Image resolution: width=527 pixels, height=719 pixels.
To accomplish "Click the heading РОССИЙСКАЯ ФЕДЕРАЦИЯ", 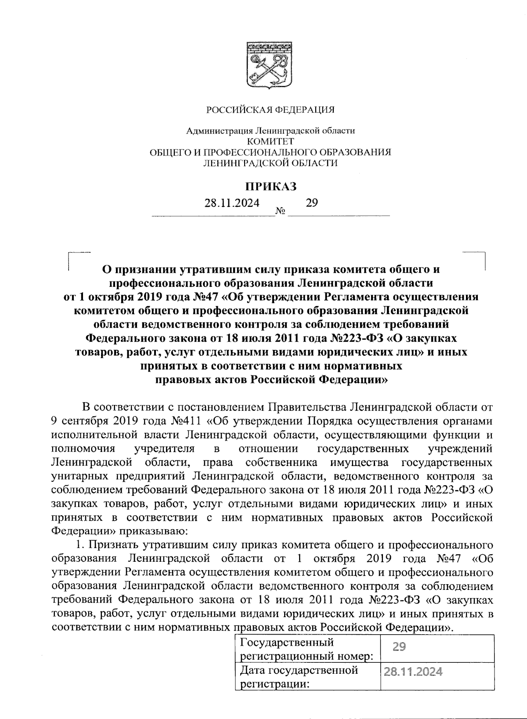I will point(271,109).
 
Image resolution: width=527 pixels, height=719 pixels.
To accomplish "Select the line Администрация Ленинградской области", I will point(271,130).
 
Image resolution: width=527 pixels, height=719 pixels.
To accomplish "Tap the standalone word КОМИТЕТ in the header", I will point(271,141).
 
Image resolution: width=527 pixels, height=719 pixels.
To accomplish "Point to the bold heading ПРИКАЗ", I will point(271,186).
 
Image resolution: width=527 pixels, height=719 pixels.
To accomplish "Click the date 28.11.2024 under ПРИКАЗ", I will point(231,203).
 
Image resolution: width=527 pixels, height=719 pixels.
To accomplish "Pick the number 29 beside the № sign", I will point(311,202).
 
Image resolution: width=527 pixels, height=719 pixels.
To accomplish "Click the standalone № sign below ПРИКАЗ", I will point(280,212).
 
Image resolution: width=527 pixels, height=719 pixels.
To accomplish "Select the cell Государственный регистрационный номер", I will point(306,649).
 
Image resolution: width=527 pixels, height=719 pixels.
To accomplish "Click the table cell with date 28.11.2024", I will point(412,672).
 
